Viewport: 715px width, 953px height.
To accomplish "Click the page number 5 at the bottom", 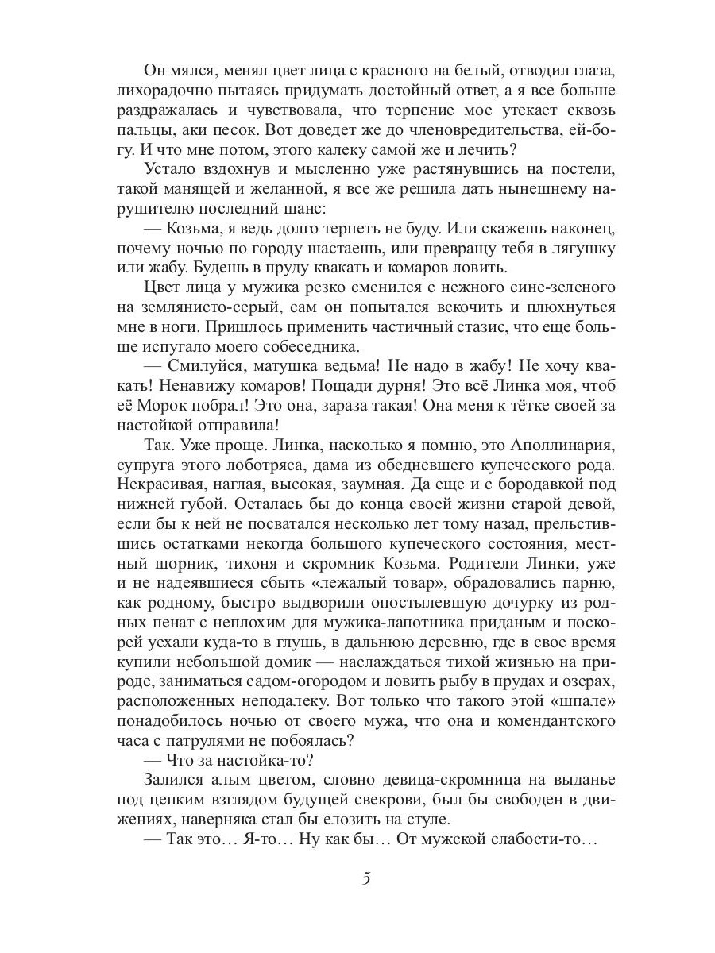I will click(x=366, y=879).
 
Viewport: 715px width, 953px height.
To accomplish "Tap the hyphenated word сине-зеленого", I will click(x=540, y=287).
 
